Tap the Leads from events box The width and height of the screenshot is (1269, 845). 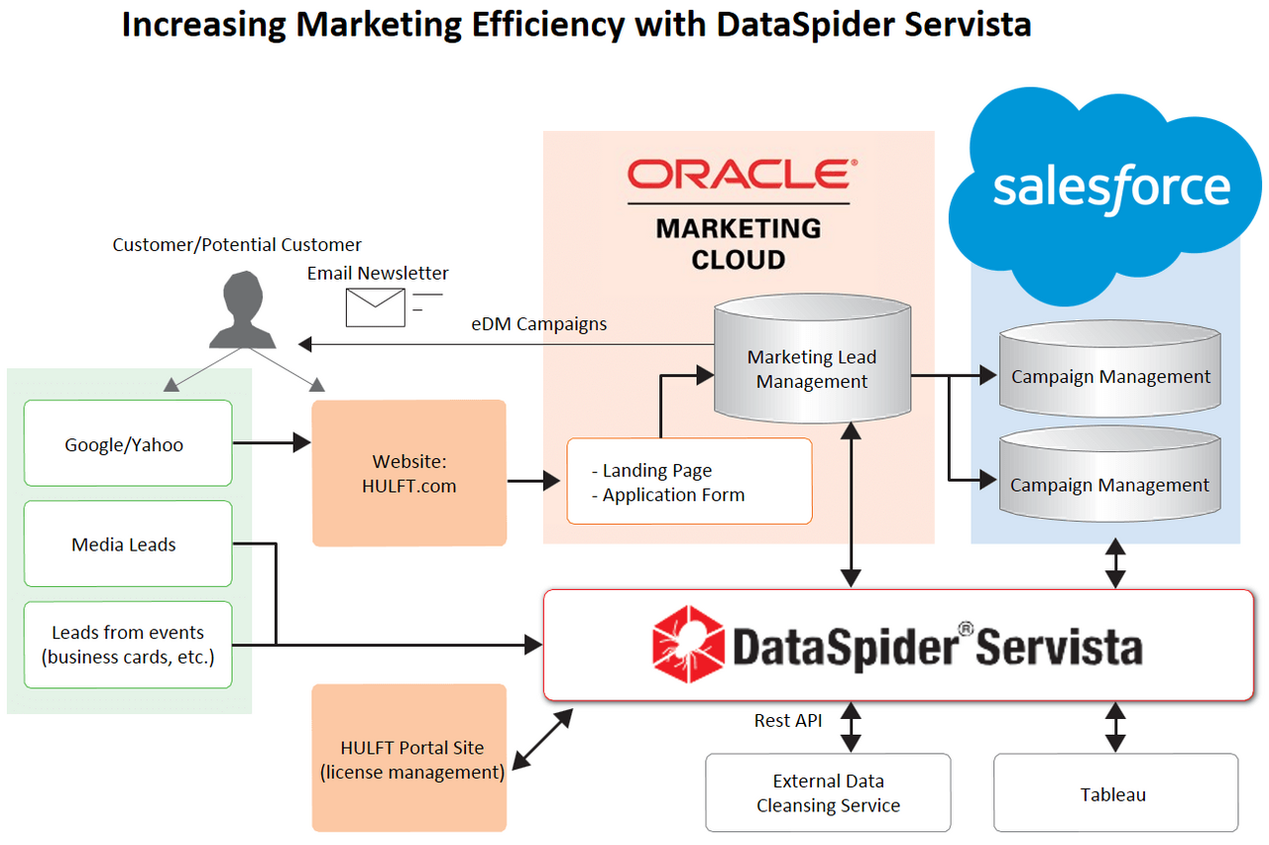coord(128,645)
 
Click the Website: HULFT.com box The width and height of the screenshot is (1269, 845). coord(409,473)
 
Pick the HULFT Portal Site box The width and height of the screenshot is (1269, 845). coord(409,759)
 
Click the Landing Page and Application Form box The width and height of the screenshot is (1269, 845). coord(689,481)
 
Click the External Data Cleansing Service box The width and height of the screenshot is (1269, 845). coord(828,792)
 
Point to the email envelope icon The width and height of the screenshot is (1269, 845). coord(376,306)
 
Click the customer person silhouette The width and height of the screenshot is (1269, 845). coord(243,310)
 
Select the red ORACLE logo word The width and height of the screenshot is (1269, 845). coord(739,175)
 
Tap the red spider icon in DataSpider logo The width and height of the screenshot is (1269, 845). coord(688,644)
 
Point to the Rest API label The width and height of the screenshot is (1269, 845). coord(788,720)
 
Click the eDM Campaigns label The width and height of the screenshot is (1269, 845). coord(539,323)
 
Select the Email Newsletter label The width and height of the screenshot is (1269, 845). coord(378,273)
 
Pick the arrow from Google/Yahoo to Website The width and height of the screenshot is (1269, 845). coord(272,443)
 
